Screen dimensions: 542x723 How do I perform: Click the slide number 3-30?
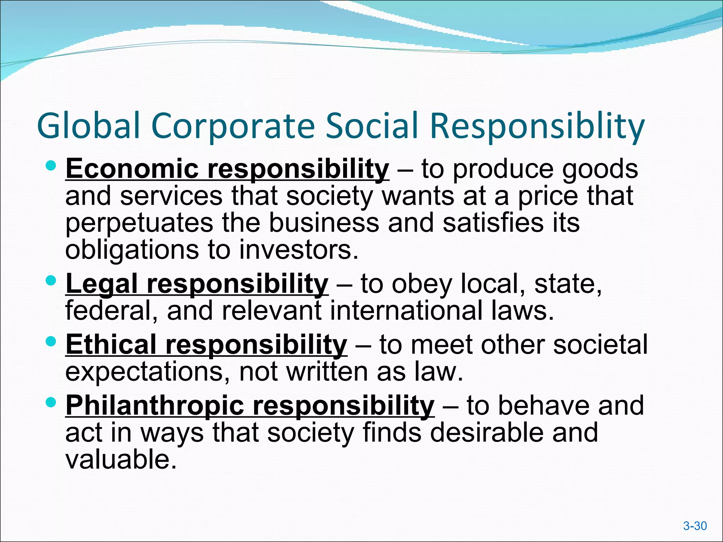[x=695, y=526]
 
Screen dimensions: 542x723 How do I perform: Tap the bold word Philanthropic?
[x=155, y=405]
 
